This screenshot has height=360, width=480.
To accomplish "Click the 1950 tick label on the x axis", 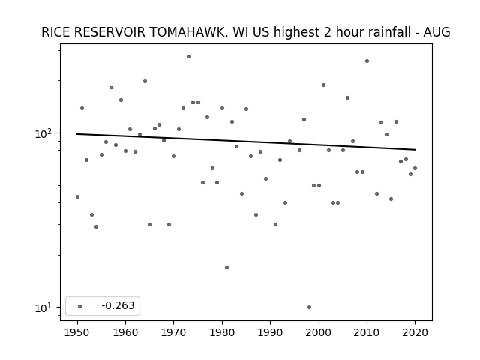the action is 77,332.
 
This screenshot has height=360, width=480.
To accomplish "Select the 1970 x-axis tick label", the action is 174,332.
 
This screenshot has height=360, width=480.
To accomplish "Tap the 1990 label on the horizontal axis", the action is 270,332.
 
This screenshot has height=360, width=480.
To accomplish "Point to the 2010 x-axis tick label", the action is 367,332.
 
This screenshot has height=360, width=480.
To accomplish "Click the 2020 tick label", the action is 415,332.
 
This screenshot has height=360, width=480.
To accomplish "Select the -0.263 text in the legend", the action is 118,305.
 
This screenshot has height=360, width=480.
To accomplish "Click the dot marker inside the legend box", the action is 80,306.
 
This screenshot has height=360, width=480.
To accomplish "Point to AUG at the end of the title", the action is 436,32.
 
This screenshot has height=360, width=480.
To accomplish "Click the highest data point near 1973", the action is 188,57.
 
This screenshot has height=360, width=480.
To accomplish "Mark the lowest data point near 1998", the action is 309,307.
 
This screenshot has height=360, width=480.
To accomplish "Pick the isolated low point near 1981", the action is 226,267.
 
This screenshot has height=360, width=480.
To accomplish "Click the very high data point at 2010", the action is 367,61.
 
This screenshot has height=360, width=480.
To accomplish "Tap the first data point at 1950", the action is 77,196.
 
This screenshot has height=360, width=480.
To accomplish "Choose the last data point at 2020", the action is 415,168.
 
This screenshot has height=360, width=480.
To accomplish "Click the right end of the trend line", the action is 415,150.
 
